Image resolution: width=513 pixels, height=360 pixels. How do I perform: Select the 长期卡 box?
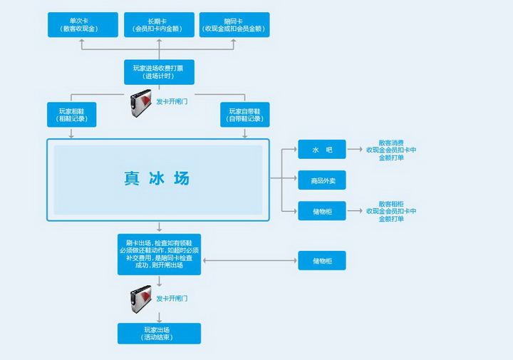(159, 24)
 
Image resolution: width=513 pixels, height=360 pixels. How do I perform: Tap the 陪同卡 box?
(234, 24)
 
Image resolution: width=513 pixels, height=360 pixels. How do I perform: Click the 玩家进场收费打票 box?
(159, 72)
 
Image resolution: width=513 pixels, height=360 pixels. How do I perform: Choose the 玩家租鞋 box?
(72, 114)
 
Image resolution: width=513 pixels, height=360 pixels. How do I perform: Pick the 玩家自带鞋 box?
(245, 114)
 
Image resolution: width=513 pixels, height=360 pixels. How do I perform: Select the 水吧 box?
(322, 149)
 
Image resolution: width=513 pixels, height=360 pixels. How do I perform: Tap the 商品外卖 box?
(322, 180)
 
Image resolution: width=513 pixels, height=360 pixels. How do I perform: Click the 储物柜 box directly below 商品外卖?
(322, 210)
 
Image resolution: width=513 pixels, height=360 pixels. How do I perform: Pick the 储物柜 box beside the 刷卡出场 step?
(322, 260)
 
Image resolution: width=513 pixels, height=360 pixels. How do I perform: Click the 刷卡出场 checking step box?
(159, 254)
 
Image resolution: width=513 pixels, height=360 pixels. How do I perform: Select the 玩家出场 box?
(159, 333)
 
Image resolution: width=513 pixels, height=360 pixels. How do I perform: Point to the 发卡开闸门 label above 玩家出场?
(172, 299)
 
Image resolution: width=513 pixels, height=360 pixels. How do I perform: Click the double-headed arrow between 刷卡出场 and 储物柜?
(249, 260)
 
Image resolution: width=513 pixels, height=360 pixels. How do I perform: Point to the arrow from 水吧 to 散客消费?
(355, 149)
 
